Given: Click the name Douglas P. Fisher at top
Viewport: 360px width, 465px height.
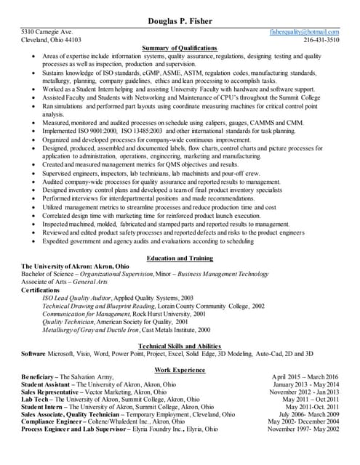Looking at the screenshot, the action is tap(180, 21).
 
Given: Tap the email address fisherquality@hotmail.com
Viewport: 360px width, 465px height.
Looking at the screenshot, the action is tap(305, 33).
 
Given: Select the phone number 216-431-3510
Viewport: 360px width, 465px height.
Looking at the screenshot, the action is tap(321, 41).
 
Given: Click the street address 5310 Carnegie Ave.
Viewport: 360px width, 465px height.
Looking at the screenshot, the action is tap(47, 33).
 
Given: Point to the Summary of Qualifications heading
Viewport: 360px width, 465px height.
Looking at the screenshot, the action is tap(180, 48).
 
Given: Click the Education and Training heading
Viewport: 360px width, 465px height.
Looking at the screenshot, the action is tap(180, 259).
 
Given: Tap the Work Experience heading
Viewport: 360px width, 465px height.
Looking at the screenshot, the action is tap(180, 371).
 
